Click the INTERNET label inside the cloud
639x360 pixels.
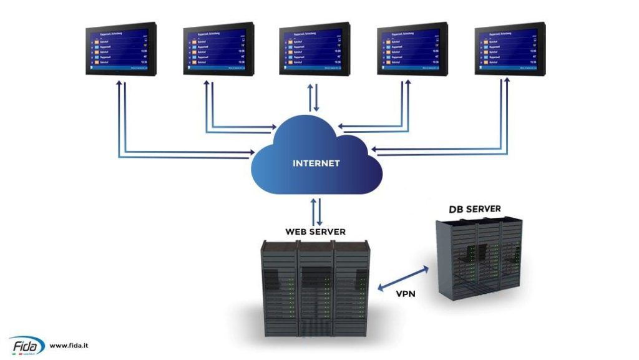(316, 163)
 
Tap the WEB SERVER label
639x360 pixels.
(315, 231)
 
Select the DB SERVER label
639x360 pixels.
(474, 209)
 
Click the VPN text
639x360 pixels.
(406, 294)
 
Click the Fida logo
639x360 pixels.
(26, 345)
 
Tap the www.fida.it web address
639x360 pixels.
(69, 345)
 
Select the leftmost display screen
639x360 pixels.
(120, 49)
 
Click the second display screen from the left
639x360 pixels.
(218, 49)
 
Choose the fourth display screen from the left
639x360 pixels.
(412, 49)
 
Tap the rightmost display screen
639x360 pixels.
(510, 49)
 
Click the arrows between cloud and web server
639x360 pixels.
(316, 212)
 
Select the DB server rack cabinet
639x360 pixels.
(479, 256)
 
